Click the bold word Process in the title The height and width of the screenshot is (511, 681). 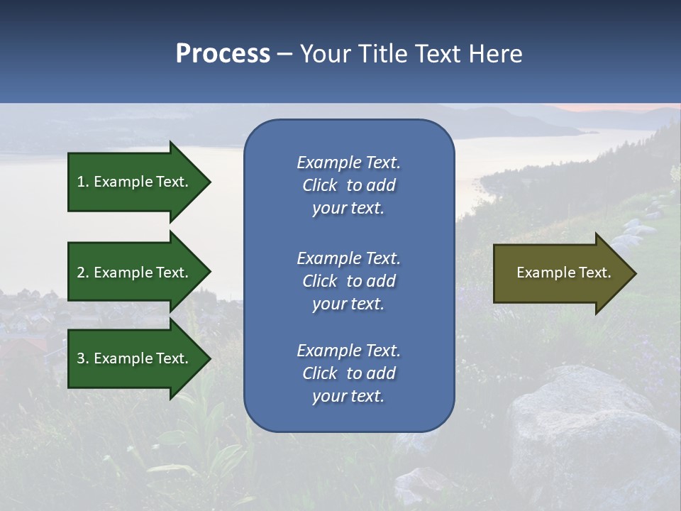tap(223, 54)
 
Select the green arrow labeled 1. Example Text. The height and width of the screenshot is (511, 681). tap(135, 182)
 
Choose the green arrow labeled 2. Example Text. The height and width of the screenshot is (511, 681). tap(135, 273)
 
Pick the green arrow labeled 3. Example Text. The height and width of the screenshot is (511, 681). tap(135, 358)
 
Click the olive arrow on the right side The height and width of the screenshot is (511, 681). tap(560, 273)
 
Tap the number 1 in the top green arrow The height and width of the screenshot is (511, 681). tap(81, 182)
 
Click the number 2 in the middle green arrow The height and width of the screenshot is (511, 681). tap(81, 273)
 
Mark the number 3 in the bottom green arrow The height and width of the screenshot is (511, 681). tap(81, 358)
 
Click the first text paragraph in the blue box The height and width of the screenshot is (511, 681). tap(348, 185)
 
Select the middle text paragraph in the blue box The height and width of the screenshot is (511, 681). tap(348, 281)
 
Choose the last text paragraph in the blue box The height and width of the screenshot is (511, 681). tap(348, 373)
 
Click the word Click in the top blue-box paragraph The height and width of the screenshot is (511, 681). tap(320, 185)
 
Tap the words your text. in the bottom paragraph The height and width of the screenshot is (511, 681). tap(348, 397)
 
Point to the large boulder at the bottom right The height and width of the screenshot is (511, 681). tap(589, 433)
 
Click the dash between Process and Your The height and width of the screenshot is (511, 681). tap(284, 55)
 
